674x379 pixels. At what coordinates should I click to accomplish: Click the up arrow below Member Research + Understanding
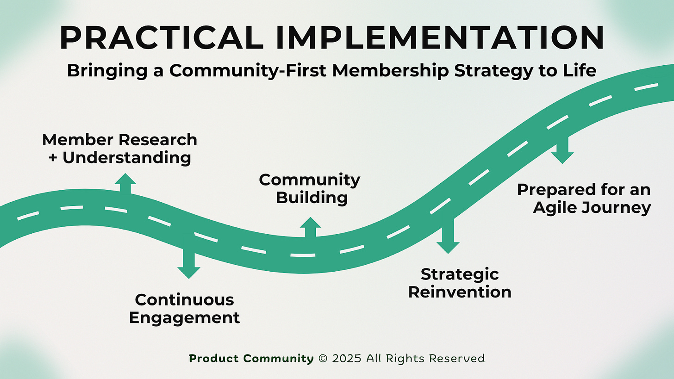pos(125,183)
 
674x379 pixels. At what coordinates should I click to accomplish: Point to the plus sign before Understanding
pos(53,158)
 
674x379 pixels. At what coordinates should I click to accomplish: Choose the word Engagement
pos(184,318)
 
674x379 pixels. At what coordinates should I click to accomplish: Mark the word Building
pos(312,198)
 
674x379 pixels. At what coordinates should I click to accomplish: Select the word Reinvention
pos(460,292)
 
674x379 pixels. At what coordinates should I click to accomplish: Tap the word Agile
pos(553,208)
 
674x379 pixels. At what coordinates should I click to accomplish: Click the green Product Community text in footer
pos(251,358)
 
